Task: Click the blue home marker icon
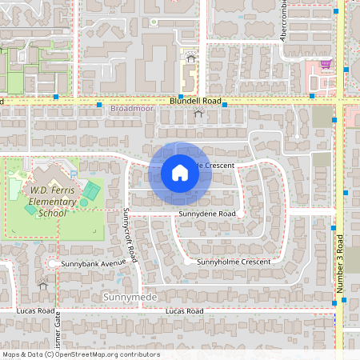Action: pyautogui.click(x=180, y=172)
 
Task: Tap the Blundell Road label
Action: pyautogui.click(x=194, y=102)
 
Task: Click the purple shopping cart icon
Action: pyautogui.click(x=326, y=64)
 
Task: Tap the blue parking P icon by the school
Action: pyautogui.click(x=74, y=174)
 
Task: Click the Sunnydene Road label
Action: pyautogui.click(x=207, y=214)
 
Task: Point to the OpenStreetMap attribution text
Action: pyautogui.click(x=80, y=354)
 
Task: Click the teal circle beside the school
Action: pyautogui.click(x=83, y=202)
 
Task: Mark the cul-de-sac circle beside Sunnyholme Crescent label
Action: pyautogui.click(x=187, y=262)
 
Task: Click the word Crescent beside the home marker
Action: pyautogui.click(x=216, y=165)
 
